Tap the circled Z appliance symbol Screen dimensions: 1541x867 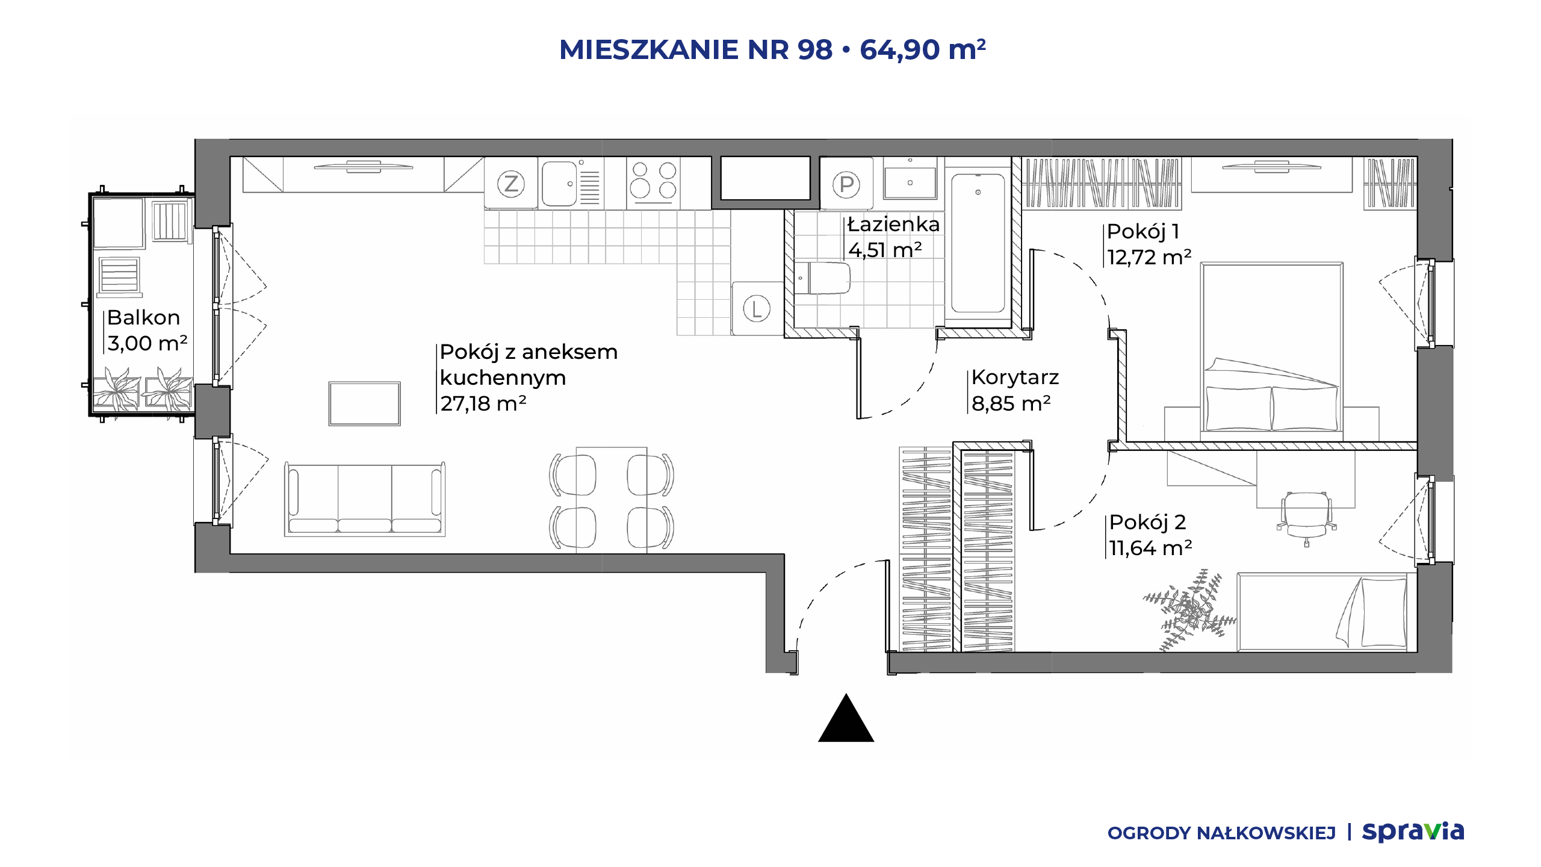click(x=511, y=184)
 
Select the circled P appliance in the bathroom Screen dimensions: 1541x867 click(x=846, y=185)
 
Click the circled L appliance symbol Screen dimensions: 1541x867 click(x=757, y=309)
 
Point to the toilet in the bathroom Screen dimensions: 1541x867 click(x=822, y=278)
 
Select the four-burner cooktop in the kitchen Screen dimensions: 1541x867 click(x=653, y=183)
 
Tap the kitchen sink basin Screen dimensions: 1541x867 click(x=559, y=184)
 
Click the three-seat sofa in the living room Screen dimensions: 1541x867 click(x=365, y=499)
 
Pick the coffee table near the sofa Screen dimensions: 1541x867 click(x=365, y=403)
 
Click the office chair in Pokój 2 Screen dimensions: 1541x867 click(x=1306, y=518)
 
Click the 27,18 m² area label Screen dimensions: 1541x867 click(x=483, y=403)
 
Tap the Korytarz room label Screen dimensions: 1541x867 click(x=1015, y=378)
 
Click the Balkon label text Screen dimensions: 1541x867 click(x=144, y=317)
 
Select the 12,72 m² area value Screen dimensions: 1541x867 click(x=1149, y=257)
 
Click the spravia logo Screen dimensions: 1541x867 click(x=1413, y=831)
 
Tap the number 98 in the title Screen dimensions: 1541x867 click(x=815, y=49)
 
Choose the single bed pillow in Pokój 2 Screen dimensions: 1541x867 click(x=1383, y=612)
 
